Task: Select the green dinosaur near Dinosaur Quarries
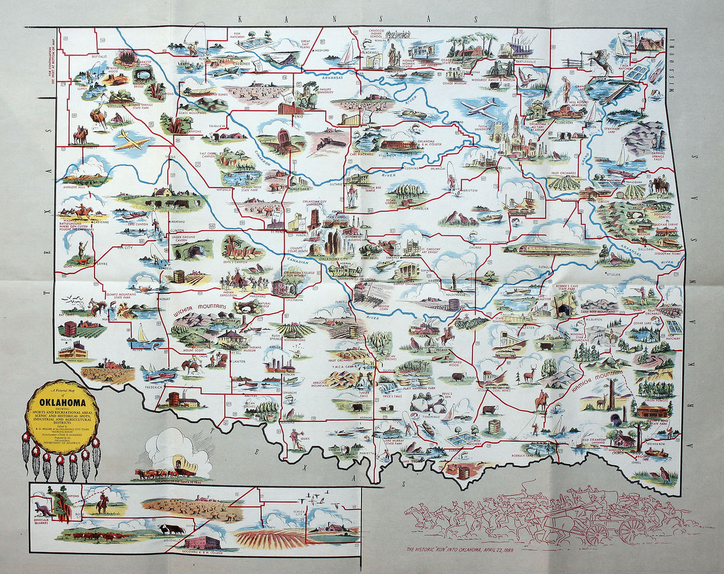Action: pyautogui.click(x=41, y=508)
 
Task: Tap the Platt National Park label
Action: pyautogui.click(x=414, y=388)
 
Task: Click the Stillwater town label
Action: pyautogui.click(x=389, y=155)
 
